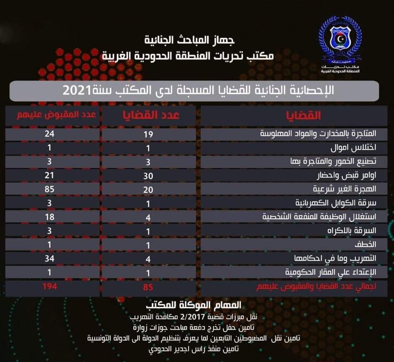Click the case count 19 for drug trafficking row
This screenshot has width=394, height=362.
[148, 134]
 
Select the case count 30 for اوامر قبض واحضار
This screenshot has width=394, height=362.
[148, 175]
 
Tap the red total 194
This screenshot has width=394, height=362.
[49, 287]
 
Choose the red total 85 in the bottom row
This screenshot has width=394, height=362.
[148, 287]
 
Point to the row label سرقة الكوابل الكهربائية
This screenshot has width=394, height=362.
[336, 203]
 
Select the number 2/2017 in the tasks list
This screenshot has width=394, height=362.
[190, 317]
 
